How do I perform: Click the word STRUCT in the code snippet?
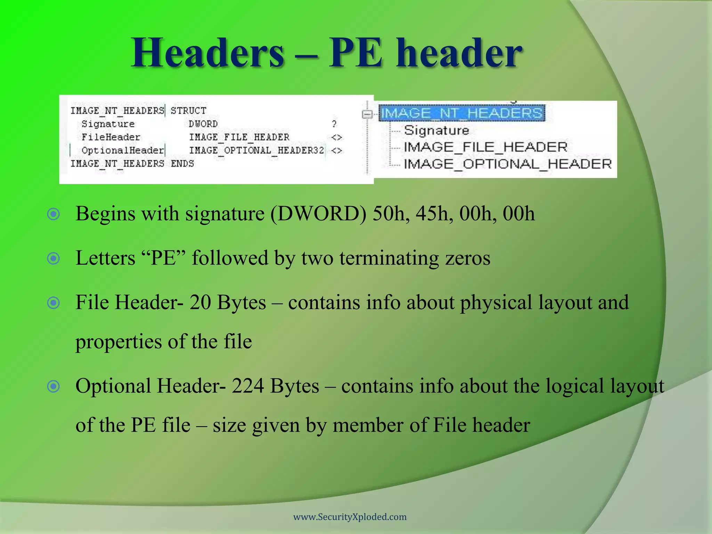(188, 111)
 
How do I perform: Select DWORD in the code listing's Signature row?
(203, 124)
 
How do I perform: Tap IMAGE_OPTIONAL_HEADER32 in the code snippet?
(257, 150)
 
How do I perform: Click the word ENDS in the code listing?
(182, 163)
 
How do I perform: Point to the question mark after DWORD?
(334, 124)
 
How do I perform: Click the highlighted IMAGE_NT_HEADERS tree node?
(461, 113)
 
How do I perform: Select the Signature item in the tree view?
(436, 130)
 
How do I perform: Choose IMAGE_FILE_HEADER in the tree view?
(485, 147)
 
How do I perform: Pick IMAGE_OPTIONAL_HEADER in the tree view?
(508, 164)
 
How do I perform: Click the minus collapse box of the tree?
(367, 114)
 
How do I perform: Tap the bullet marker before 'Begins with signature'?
(54, 214)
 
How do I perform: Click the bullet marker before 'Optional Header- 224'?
(54, 386)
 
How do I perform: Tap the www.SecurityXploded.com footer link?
(350, 517)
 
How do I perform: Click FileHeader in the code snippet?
(111, 137)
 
